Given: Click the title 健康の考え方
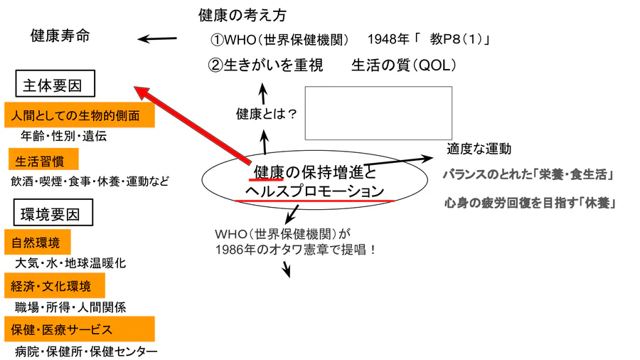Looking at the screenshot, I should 242,15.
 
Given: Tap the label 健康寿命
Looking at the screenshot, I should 60,36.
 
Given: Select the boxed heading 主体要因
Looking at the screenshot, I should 55,87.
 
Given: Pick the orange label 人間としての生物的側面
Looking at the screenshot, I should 79,116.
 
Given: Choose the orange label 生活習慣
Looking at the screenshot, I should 39,158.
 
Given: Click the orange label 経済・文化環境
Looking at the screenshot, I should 51,286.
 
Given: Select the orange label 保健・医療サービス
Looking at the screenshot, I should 63,329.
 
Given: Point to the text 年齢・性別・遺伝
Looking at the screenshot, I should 64,137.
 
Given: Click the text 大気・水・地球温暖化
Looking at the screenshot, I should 70,263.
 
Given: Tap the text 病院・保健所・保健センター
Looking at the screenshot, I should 85,351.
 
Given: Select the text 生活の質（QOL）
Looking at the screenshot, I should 403,65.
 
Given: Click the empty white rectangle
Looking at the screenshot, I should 378,113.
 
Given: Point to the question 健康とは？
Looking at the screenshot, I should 267,113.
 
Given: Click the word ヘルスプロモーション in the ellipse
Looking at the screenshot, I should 314,191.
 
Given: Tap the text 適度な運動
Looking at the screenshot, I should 479,149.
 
